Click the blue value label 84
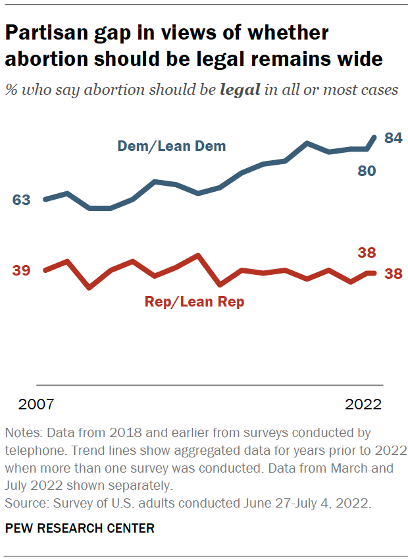394,138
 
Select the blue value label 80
367,171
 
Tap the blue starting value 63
22,200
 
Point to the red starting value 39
22,271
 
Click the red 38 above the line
367,252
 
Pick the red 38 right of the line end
394,274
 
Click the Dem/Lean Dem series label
171,146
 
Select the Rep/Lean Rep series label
194,303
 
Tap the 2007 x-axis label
36,404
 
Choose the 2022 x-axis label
363,404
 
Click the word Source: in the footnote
26,504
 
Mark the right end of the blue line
375,137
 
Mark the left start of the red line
45,270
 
